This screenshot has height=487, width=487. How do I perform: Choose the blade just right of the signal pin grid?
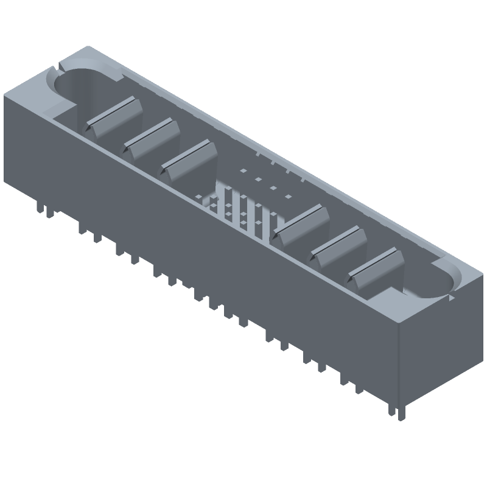coord(302,225)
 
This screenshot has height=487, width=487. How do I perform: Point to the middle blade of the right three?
coord(340,246)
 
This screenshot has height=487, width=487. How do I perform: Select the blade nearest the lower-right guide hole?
coord(376,268)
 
